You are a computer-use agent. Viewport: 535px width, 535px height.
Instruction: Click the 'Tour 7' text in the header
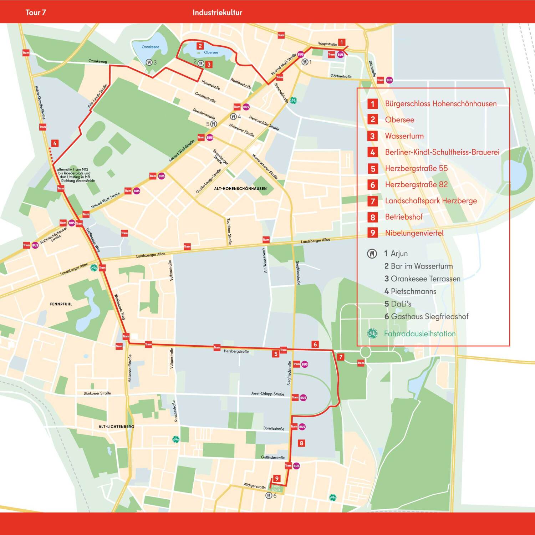36,12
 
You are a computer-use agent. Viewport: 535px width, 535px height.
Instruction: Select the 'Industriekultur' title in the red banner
217,12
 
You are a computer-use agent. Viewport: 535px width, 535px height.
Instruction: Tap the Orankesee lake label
150,47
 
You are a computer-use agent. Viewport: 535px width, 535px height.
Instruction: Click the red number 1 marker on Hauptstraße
341,42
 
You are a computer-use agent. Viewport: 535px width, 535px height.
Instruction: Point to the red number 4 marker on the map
55,143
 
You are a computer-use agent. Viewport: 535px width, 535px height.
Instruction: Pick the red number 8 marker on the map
301,443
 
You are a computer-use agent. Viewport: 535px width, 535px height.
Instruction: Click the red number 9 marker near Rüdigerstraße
276,478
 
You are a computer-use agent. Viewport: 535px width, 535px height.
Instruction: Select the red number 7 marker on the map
341,357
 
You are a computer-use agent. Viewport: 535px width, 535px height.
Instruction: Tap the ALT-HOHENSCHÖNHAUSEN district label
240,189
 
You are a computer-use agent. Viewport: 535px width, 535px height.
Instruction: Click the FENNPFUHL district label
61,304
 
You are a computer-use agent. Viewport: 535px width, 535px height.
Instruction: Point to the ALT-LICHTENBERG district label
116,427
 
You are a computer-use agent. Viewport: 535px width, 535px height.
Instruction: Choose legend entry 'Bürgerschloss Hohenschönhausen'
440,104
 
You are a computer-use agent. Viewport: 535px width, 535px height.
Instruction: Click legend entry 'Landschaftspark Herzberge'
431,201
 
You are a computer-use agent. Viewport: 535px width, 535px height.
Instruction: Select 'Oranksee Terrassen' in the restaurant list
425,279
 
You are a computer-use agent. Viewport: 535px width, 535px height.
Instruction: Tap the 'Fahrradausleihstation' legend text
419,334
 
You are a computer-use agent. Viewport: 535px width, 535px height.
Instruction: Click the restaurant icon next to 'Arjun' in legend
372,254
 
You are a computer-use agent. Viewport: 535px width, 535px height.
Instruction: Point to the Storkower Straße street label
97,393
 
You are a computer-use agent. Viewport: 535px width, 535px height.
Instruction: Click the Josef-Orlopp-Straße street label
267,394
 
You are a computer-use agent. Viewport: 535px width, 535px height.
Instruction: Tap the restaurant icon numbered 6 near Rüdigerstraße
269,495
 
